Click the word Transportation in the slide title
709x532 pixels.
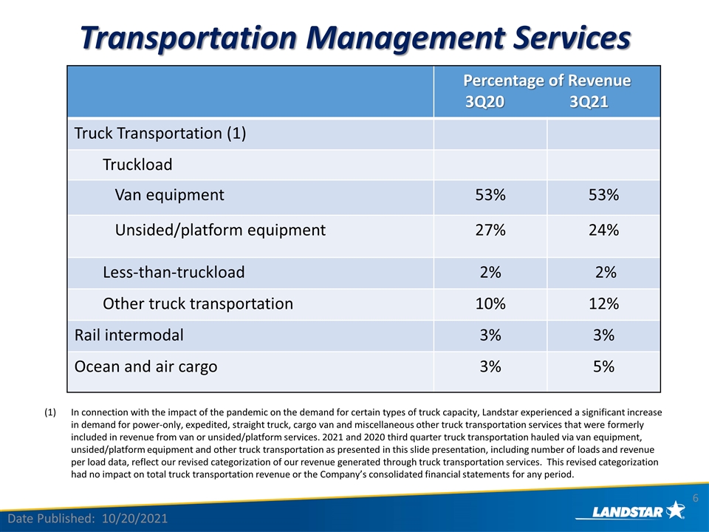tap(188, 38)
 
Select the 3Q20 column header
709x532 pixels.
tap(484, 102)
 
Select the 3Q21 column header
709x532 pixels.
tap(589, 102)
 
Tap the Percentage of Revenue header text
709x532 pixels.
tap(547, 81)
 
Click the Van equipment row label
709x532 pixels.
tap(170, 195)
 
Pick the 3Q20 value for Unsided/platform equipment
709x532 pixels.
tap(490, 231)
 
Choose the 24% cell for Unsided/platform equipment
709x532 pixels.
tap(603, 231)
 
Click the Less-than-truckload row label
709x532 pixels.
tap(174, 273)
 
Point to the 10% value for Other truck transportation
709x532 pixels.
tap(490, 304)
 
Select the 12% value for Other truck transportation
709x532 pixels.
tap(603, 304)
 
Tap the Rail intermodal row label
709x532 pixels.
tap(129, 335)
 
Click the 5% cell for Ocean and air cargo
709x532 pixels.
tap(603, 366)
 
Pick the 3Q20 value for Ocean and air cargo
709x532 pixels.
tap(490, 366)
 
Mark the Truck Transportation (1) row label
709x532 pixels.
tap(160, 134)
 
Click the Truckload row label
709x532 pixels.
tap(137, 165)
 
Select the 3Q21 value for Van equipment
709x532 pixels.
tap(603, 195)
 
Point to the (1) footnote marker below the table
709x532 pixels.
tap(50, 412)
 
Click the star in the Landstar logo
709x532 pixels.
tap(676, 510)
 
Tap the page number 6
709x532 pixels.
tap(696, 498)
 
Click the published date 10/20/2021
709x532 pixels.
tap(134, 519)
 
